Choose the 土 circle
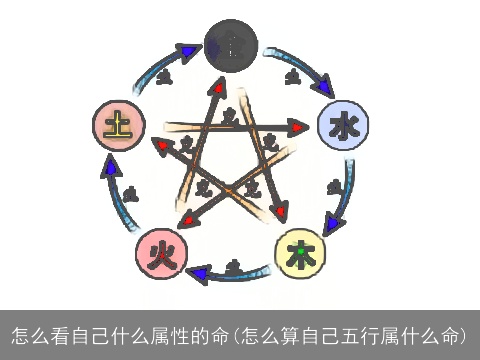pos(119,126)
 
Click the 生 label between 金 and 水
pos(292,75)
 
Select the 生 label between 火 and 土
pos(131,193)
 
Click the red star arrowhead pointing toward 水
pos(298,127)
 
